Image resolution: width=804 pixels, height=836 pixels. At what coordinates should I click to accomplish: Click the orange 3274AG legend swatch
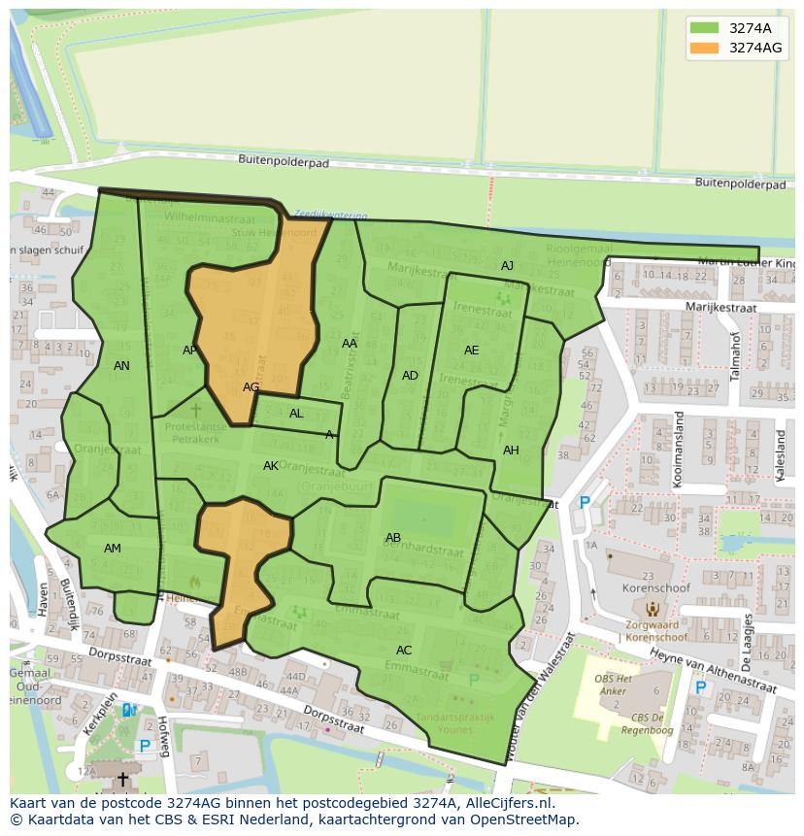tap(705, 48)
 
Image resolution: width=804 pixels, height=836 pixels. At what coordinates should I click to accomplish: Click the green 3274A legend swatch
tap(705, 28)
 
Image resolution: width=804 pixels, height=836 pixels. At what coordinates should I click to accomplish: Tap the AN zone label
tap(121, 366)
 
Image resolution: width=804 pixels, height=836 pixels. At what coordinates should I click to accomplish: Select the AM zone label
tap(113, 549)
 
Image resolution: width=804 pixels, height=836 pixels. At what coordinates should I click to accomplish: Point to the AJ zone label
tap(507, 266)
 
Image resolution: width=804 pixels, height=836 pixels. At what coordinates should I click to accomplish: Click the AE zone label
tap(471, 351)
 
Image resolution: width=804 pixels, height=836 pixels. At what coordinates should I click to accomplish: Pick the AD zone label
tap(410, 376)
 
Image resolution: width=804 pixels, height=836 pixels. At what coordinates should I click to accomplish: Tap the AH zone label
tap(511, 450)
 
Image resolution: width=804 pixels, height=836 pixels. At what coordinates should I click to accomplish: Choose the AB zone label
tap(393, 538)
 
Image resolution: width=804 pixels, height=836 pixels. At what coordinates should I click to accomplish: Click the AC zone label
tap(404, 651)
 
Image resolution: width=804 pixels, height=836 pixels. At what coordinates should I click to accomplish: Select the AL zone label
tap(296, 414)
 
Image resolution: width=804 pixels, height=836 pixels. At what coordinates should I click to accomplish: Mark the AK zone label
tap(271, 466)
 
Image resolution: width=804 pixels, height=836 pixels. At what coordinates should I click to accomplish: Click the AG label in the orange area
tap(251, 386)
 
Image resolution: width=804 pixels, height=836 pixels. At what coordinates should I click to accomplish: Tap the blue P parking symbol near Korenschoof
tap(584, 503)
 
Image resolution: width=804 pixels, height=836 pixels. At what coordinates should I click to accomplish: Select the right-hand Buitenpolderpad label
tap(740, 183)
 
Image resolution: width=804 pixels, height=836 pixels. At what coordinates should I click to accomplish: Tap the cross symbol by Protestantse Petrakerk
tap(195, 411)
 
